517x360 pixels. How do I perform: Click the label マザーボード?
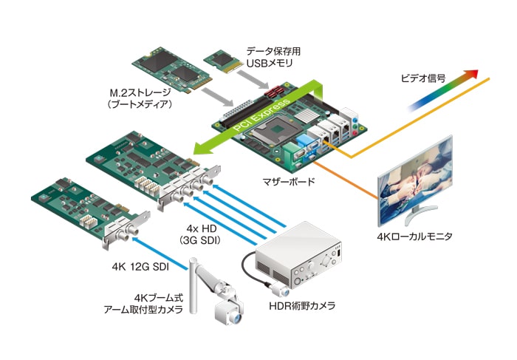point(289,181)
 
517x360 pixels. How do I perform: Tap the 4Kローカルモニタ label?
point(414,237)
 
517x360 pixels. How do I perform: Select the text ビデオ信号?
point(423,78)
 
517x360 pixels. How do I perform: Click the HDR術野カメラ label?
point(302,306)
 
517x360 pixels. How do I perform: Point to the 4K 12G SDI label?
point(140,267)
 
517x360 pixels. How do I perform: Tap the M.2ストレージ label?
point(140,92)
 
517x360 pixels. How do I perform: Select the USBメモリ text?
point(270,64)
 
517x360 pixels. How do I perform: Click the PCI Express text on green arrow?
point(262,114)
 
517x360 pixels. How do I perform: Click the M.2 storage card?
point(172,69)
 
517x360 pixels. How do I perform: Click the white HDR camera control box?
point(299,254)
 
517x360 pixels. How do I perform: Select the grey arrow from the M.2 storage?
point(217,98)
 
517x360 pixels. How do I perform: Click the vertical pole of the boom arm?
point(193,286)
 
